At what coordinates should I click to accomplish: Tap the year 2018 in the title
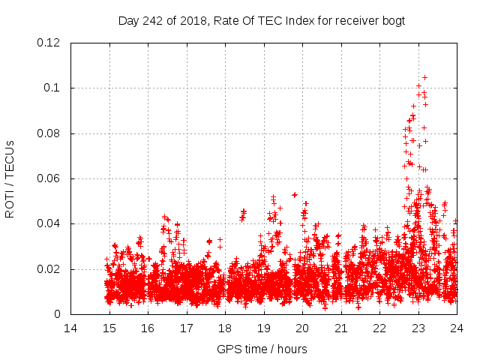pyautogui.click(x=187, y=21)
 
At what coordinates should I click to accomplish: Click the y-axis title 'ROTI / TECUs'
pyautogui.click(x=10, y=178)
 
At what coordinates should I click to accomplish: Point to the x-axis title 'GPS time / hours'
pyautogui.click(x=262, y=349)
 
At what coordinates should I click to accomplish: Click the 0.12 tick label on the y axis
pyautogui.click(x=50, y=43)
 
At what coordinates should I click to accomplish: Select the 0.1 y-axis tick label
pyautogui.click(x=54, y=88)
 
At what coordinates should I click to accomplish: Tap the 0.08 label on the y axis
pyautogui.click(x=50, y=133)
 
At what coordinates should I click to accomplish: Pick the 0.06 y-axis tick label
pyautogui.click(x=50, y=178)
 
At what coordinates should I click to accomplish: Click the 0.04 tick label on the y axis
pyautogui.click(x=50, y=223)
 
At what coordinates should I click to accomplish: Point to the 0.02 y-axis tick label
pyautogui.click(x=50, y=269)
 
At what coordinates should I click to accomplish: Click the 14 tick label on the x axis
pyautogui.click(x=70, y=328)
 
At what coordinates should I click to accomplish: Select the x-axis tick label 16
pyautogui.click(x=148, y=328)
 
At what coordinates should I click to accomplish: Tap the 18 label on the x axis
pyautogui.click(x=225, y=328)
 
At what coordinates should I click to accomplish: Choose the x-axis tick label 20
pyautogui.click(x=302, y=328)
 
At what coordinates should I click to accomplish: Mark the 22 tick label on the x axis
pyautogui.click(x=379, y=328)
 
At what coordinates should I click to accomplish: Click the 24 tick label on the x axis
pyautogui.click(x=456, y=328)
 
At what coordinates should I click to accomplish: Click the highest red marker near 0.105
pyautogui.click(x=424, y=77)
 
